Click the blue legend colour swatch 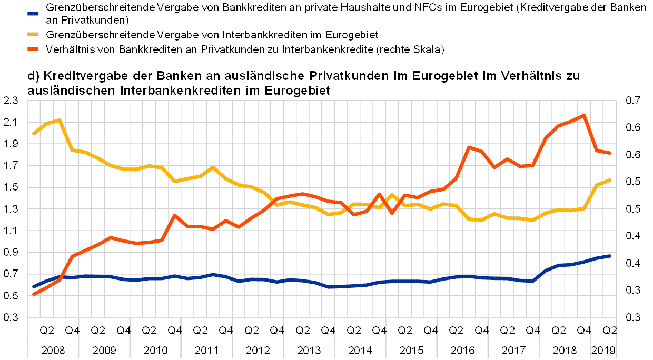[34, 12]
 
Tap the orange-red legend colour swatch [34, 50]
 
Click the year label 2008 [54, 349]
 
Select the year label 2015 [411, 349]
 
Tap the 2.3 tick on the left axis [11, 101]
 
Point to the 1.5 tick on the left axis [11, 187]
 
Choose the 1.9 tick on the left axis [11, 144]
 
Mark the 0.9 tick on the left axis [11, 252]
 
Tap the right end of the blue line [609, 256]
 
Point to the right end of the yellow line [609, 180]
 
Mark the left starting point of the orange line [34, 294]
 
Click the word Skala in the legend [427, 50]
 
